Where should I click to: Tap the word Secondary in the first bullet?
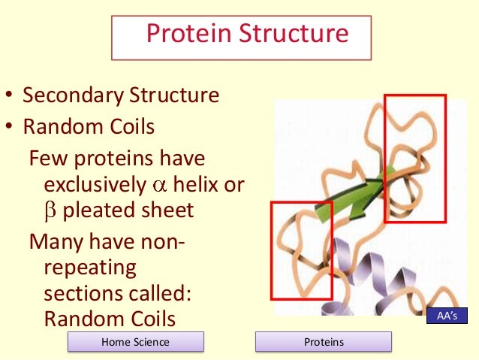tap(80, 96)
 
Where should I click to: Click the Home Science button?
tap(136, 342)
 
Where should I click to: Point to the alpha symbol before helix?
tap(157, 185)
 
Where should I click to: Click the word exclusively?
tap(96, 184)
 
